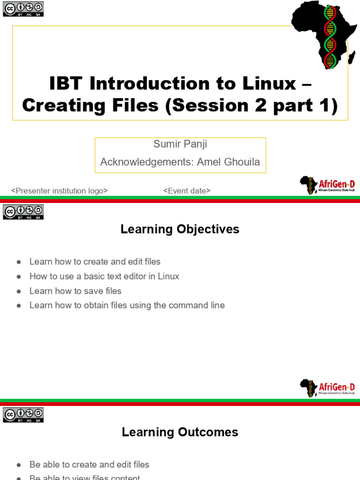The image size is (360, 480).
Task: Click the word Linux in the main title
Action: pyautogui.click(x=269, y=83)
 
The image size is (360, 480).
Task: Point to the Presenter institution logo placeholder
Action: pyautogui.click(x=60, y=191)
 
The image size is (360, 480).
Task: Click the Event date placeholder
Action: pyautogui.click(x=187, y=191)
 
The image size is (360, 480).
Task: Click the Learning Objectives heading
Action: pyautogui.click(x=180, y=229)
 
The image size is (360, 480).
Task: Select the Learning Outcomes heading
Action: pyautogui.click(x=180, y=432)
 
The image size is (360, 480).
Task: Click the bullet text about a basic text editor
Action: pyautogui.click(x=104, y=277)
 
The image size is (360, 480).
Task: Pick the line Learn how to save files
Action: pyautogui.click(x=75, y=291)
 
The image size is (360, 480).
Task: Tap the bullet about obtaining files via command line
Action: pyautogui.click(x=127, y=306)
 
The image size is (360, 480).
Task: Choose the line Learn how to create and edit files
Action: pyautogui.click(x=95, y=262)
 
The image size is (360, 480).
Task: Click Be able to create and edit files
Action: pyautogui.click(x=89, y=465)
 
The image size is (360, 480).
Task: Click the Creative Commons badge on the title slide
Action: pyautogui.click(x=23, y=9)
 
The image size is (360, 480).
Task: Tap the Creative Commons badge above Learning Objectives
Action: pyautogui.click(x=23, y=212)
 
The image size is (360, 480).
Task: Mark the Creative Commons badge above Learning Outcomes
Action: pyautogui.click(x=23, y=415)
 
